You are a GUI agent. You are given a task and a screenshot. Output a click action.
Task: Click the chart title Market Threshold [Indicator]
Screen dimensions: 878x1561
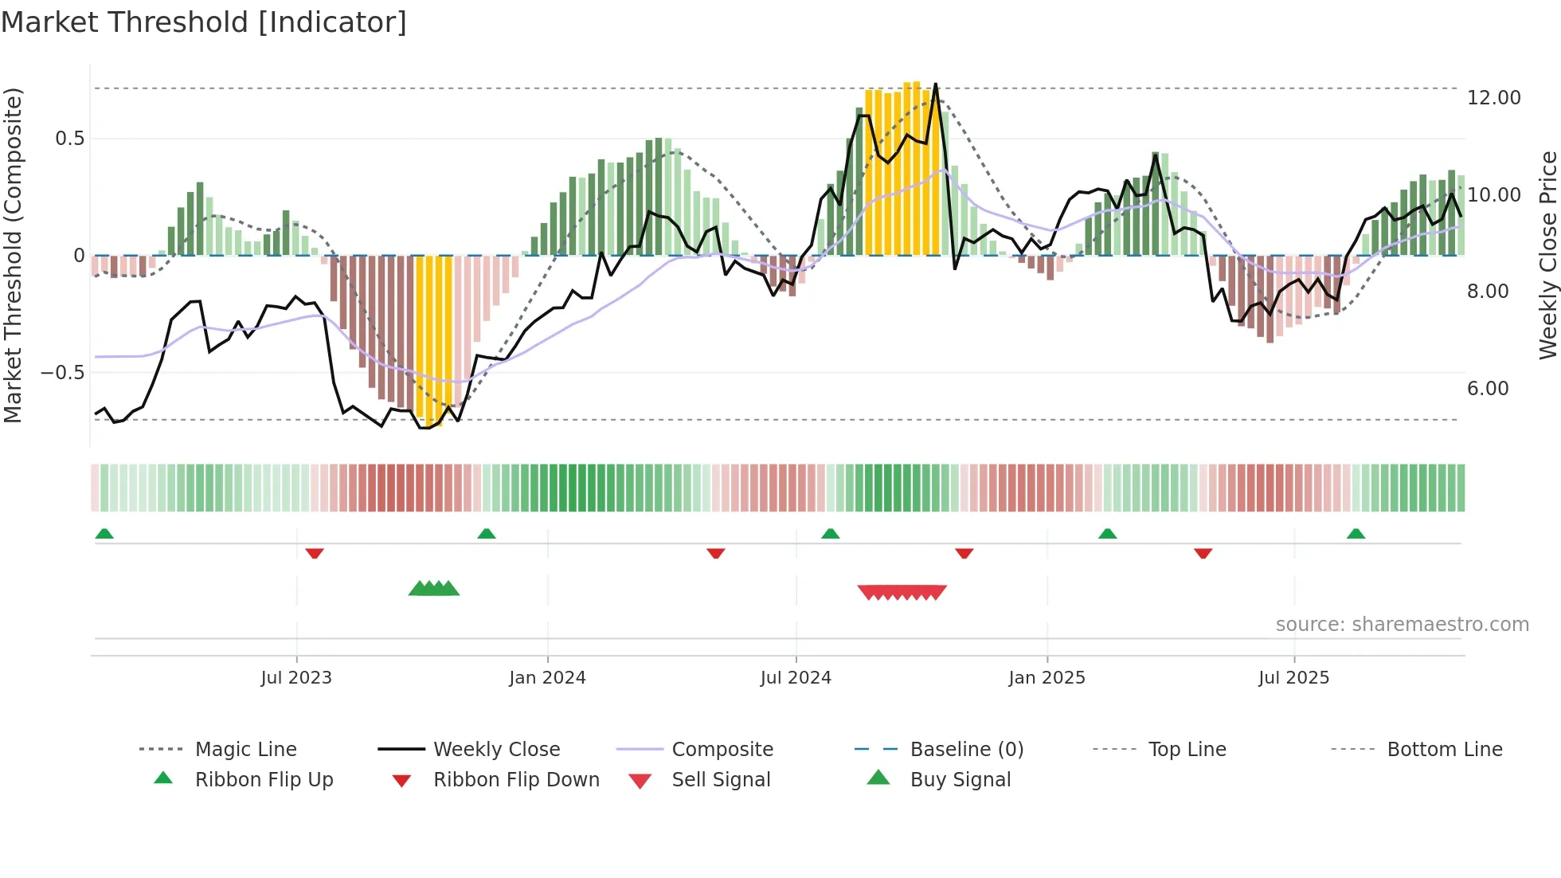click(x=204, y=22)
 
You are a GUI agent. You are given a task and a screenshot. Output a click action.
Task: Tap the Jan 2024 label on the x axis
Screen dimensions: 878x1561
click(x=547, y=678)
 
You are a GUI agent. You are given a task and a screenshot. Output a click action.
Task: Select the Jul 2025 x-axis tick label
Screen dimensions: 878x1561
click(x=1293, y=678)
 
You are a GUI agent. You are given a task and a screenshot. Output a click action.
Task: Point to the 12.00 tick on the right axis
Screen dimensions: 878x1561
click(x=1493, y=98)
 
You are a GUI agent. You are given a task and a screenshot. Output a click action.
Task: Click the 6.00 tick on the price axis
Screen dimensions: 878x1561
click(x=1488, y=389)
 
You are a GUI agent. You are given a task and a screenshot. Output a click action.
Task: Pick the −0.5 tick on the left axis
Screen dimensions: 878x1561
click(x=62, y=373)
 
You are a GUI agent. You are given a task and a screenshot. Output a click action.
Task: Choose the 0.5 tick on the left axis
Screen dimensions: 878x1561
click(x=69, y=139)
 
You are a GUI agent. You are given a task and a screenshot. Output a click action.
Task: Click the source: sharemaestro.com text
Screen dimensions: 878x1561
click(x=1402, y=625)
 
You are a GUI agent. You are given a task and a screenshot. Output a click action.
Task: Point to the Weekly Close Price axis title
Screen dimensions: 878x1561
click(x=1547, y=255)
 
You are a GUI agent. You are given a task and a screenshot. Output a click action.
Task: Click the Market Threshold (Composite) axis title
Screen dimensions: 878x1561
click(x=13, y=255)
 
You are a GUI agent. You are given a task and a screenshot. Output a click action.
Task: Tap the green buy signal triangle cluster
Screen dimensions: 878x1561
click(x=434, y=590)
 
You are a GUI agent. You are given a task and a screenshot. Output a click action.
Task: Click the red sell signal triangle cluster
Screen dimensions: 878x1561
click(x=902, y=592)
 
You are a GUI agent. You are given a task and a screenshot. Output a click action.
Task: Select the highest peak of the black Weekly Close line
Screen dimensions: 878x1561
click(x=935, y=84)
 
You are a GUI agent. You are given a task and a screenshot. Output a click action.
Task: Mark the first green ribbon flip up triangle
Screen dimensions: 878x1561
click(x=104, y=534)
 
